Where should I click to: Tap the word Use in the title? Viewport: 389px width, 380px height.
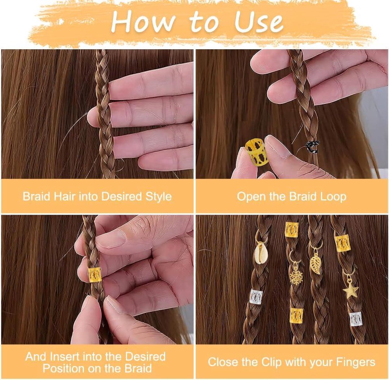pyautogui.click(x=259, y=22)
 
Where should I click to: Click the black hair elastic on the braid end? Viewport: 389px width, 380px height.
pyautogui.click(x=313, y=147)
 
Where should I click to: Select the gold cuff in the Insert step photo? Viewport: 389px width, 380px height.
pyautogui.click(x=95, y=275)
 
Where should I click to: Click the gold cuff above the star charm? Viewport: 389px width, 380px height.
pyautogui.click(x=343, y=243)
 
